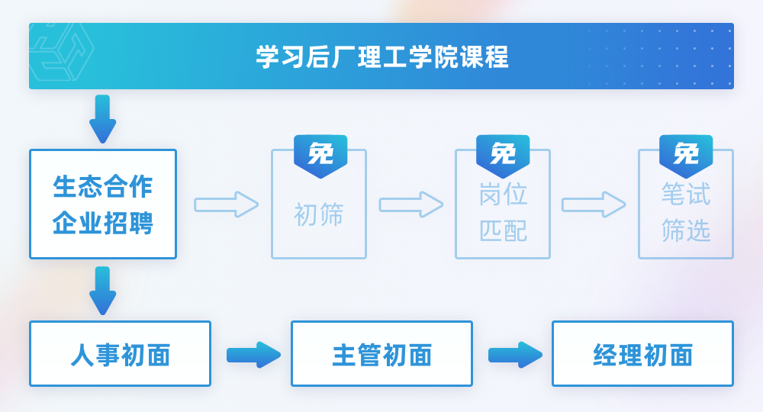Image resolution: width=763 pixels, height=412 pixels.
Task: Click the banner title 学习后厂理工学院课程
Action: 381,57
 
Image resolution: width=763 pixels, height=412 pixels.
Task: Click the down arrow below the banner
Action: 102,119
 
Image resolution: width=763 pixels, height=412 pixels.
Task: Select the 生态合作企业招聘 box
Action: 103,204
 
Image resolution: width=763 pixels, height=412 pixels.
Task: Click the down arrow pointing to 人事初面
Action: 102,291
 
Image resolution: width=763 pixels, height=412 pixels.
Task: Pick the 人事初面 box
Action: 120,354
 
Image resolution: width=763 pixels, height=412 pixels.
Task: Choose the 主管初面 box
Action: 381,354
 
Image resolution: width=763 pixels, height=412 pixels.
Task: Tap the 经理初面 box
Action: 642,354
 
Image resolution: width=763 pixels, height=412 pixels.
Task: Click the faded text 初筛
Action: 319,214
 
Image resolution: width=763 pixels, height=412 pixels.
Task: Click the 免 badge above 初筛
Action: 320,155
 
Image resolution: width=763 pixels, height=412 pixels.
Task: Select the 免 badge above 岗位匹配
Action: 503,155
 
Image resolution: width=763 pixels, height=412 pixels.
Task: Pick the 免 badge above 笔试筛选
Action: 686,155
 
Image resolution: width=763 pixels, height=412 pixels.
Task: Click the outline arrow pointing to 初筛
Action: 227,204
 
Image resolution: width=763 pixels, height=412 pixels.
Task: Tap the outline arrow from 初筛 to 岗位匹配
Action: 411,204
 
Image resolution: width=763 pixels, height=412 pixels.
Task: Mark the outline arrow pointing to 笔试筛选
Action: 594,204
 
